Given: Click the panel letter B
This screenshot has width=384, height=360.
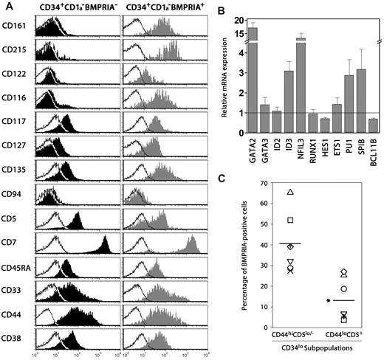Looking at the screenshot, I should coord(233,9).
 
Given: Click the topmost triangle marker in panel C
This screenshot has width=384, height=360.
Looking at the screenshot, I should coord(291,193).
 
